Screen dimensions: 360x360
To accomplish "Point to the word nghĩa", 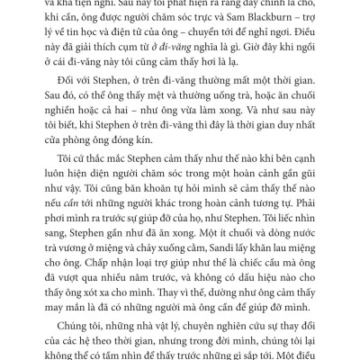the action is point(241,68).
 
